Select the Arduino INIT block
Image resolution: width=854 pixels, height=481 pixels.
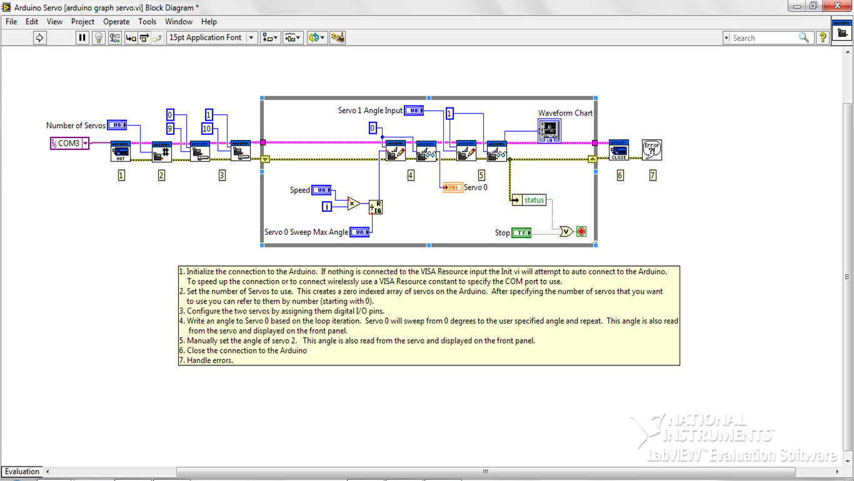pyautogui.click(x=121, y=152)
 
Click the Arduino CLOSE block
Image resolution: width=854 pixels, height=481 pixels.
pyautogui.click(x=618, y=151)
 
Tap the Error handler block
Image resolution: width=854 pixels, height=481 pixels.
pyautogui.click(x=652, y=150)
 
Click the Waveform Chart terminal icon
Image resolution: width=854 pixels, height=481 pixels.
pyautogui.click(x=549, y=131)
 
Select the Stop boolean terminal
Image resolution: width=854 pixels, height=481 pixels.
pyautogui.click(x=521, y=233)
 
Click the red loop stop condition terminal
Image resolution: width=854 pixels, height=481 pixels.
pyautogui.click(x=581, y=232)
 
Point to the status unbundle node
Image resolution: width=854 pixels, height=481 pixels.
pyautogui.click(x=529, y=200)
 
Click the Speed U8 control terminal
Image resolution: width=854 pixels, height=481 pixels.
pyautogui.click(x=321, y=190)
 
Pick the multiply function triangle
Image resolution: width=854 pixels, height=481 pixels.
pyautogui.click(x=353, y=203)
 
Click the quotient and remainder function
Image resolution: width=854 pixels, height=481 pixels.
pyautogui.click(x=375, y=207)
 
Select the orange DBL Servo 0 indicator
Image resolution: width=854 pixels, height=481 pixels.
pyautogui.click(x=453, y=187)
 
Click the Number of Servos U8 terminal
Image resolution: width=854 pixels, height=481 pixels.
pyautogui.click(x=117, y=126)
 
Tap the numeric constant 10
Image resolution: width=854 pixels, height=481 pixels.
pyautogui.click(x=207, y=129)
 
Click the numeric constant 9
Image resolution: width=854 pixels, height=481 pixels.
pyautogui.click(x=169, y=129)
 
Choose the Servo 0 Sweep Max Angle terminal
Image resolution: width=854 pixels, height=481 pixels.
pyautogui.click(x=359, y=232)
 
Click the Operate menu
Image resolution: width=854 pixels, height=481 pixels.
pyautogui.click(x=116, y=22)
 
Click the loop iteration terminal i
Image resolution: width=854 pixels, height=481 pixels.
pyautogui.click(x=326, y=206)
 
